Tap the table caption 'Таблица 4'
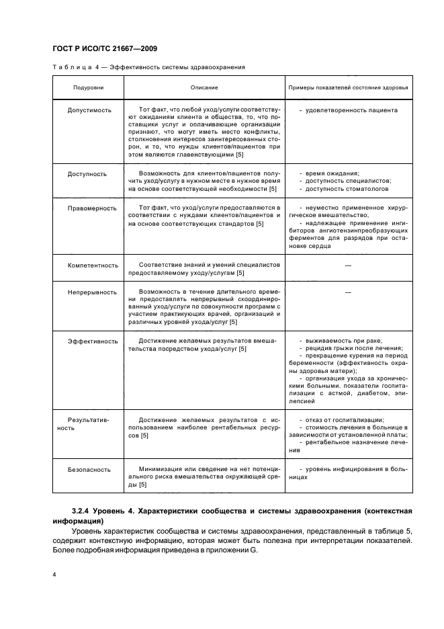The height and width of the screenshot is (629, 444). pos(72,68)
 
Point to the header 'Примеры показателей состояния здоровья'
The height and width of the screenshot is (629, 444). pos(348,88)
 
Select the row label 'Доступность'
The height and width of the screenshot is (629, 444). pos(87,174)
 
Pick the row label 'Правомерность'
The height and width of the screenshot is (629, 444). pos(91,208)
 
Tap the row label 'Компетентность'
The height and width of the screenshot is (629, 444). pos(93,265)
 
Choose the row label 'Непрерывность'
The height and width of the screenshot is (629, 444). pos(91,293)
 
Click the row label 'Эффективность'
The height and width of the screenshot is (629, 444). pos(93,341)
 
